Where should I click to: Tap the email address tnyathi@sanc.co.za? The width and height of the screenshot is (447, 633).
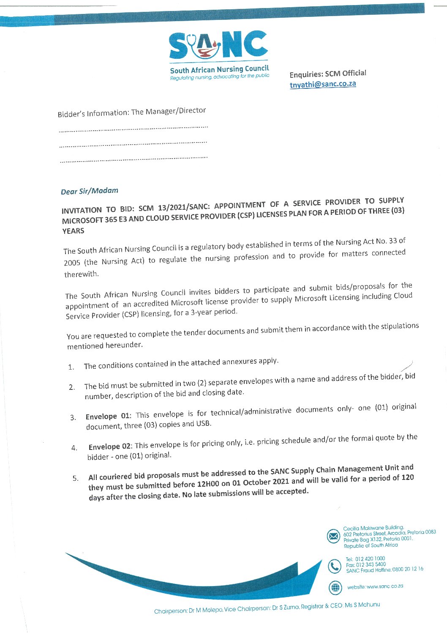[323, 84]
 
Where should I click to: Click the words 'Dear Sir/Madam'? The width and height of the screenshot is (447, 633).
[90, 191]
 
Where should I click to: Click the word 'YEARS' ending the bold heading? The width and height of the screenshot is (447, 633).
[73, 231]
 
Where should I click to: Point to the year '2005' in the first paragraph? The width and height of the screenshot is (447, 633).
[72, 263]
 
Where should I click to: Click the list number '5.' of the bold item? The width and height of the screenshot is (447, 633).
[75, 478]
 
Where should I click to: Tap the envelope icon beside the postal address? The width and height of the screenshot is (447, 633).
[334, 537]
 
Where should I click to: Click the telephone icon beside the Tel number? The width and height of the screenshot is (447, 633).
[335, 566]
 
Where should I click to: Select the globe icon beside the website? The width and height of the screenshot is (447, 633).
[335, 587]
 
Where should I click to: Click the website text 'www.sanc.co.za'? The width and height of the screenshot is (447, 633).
[384, 586]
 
